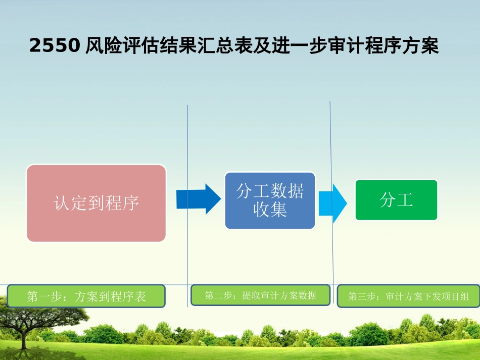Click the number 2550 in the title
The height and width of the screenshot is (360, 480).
pos(55,45)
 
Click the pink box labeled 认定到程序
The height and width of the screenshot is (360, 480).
pos(96,203)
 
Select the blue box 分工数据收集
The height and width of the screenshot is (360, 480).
pos(270,200)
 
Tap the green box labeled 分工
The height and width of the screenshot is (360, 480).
pos(396,200)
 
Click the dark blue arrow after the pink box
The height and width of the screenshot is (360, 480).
pos(199,199)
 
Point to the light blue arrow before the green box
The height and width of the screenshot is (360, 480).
pos(333,203)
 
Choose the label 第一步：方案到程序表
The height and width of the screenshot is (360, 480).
pos(86,296)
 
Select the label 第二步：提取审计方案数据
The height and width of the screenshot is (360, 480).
pos(261,295)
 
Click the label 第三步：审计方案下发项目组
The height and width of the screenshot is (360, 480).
pos(409,296)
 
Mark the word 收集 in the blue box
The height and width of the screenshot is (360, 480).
pos(270,210)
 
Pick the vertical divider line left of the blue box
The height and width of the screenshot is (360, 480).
pos(187,205)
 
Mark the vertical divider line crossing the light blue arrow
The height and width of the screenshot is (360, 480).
pos(331,202)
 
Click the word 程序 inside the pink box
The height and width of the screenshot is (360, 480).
pos(122,203)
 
